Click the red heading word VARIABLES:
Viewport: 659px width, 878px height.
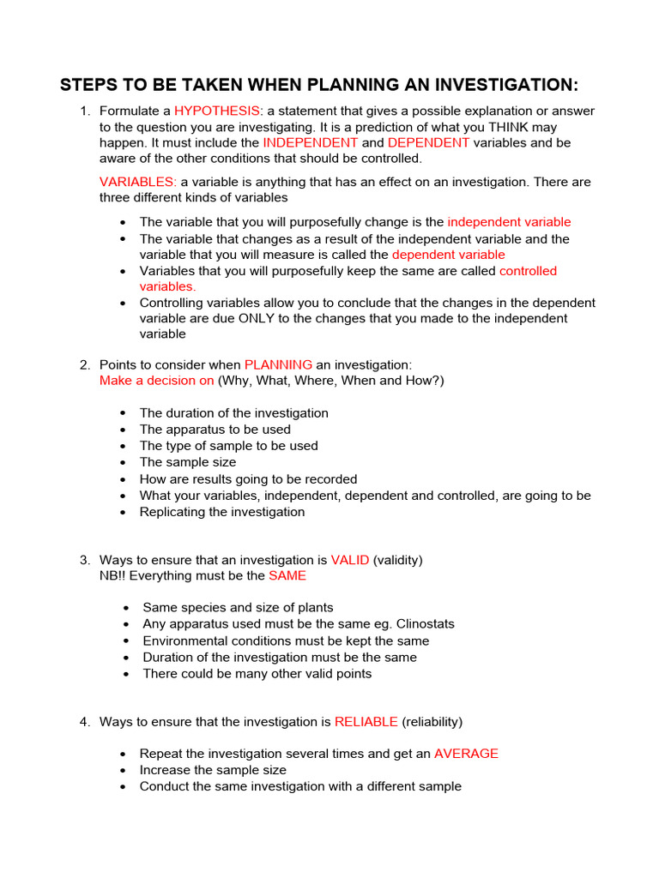point(138,182)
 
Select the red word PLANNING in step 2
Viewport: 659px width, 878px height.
point(278,364)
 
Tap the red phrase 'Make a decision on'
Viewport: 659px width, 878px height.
point(157,380)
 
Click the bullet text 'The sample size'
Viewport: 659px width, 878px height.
point(188,462)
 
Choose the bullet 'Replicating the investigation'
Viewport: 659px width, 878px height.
point(222,512)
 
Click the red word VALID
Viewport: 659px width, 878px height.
point(350,560)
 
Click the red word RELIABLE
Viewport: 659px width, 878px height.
point(366,722)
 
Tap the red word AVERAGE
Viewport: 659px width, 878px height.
point(466,754)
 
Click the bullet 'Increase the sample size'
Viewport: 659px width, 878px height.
point(213,770)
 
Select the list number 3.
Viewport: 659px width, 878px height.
point(84,560)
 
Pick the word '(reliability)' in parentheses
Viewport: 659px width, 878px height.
point(432,722)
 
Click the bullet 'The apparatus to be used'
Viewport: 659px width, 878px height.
point(215,430)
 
